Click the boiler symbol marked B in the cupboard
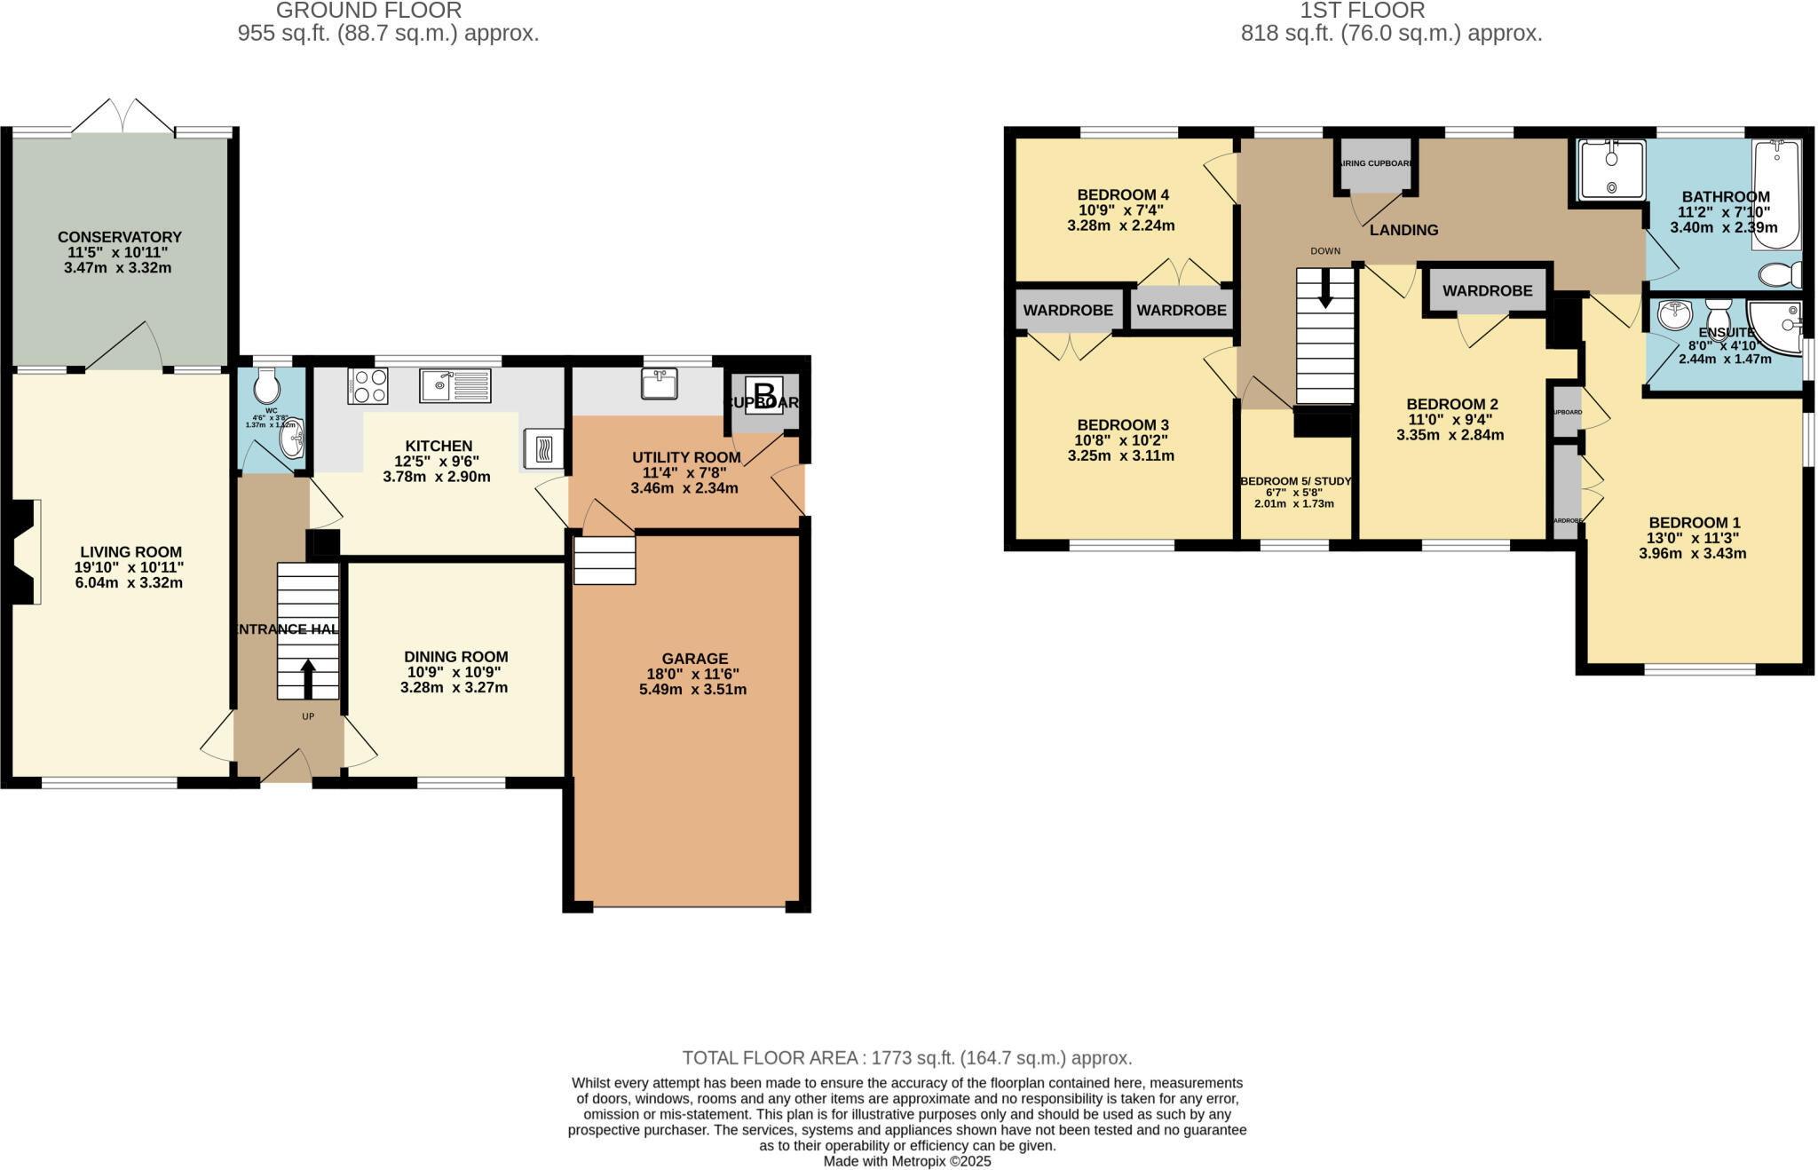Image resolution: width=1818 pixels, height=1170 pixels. point(764,391)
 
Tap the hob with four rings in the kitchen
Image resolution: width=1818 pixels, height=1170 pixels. point(368,386)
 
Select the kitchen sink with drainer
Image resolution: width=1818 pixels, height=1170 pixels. point(454,385)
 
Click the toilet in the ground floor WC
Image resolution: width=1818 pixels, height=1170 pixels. point(266,387)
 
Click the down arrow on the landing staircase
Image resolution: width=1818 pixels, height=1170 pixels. point(1325,289)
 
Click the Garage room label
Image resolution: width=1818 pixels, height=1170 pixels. point(694,659)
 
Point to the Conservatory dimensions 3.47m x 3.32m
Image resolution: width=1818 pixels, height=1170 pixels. point(117,267)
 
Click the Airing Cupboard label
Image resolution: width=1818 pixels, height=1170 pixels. point(1375,163)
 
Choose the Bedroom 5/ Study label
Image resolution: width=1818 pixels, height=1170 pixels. point(1295,481)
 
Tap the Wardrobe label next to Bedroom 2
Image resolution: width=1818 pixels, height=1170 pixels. point(1487,290)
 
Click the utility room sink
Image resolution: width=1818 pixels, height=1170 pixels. point(659,384)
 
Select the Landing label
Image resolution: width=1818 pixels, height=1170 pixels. point(1403,230)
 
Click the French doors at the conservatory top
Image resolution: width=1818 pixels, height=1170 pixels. point(123,118)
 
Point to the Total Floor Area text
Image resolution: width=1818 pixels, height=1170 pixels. point(906,1058)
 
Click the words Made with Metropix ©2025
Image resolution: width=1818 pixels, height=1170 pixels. point(906,1161)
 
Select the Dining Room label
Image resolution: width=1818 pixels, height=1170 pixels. point(455,657)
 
